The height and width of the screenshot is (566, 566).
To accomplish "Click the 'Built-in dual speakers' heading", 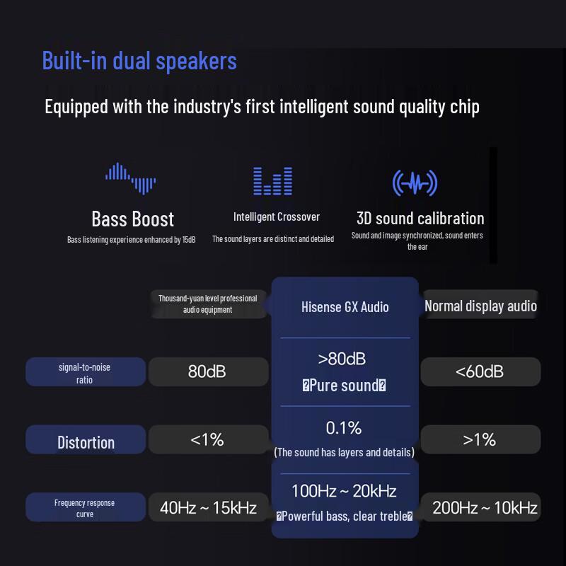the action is point(139,61).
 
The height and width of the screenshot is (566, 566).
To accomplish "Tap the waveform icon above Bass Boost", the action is point(131,179).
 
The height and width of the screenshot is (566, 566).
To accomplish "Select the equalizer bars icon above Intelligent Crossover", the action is point(272,181).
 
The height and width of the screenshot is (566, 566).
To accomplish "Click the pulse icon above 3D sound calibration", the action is point(415,183).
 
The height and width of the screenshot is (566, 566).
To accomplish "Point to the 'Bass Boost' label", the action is point(133,219).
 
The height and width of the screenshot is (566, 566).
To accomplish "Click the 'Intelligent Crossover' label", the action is point(277,217).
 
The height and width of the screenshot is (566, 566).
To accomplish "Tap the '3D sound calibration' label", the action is point(420,219).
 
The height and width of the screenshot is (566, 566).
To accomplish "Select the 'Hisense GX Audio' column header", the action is point(345,307).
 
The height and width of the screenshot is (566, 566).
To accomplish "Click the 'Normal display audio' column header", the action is point(481,306).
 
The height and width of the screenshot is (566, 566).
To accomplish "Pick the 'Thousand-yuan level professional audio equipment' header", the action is point(208,304).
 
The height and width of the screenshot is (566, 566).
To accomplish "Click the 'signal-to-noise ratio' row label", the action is point(84,374).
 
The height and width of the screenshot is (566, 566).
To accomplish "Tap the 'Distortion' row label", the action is point(86,442).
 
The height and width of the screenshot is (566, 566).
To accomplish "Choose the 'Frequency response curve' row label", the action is point(84,508).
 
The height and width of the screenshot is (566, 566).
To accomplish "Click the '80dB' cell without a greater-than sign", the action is point(207,371).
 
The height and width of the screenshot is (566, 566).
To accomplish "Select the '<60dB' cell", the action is point(480,371).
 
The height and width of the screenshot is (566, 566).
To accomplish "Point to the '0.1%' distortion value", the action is point(344,428).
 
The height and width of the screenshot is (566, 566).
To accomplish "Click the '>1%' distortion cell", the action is point(480,439).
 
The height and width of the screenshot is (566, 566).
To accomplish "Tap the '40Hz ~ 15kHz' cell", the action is point(208,508).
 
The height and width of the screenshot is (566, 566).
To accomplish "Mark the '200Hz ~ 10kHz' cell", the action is point(485,508).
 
